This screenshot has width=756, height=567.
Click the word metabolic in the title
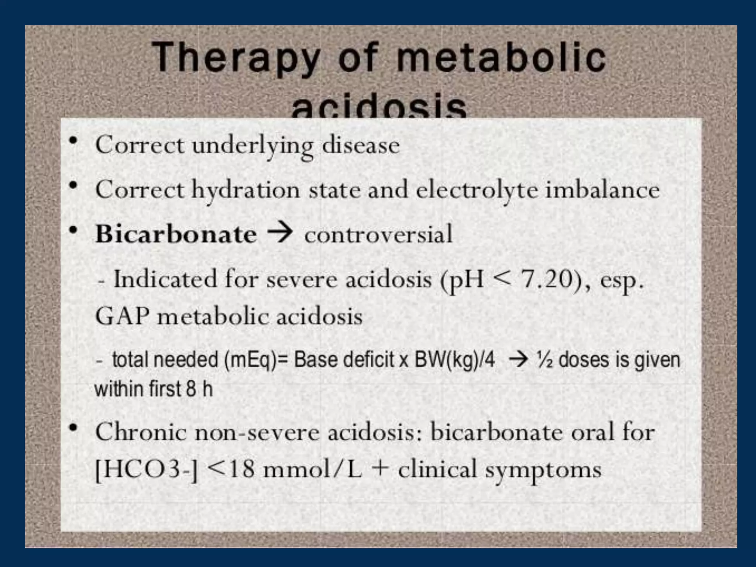pos(501,58)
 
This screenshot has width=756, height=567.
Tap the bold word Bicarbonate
pos(176,234)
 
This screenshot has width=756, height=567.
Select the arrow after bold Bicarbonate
pos(280,233)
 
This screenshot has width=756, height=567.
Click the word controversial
pos(378,234)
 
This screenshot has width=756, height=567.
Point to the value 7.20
pos(551,279)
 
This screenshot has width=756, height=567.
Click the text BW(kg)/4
pos(454,360)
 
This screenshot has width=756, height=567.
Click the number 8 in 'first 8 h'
pos(191,389)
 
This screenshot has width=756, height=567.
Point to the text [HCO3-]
pos(147,470)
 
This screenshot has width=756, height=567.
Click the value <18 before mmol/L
pos(231,470)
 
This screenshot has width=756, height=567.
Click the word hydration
pos(245,190)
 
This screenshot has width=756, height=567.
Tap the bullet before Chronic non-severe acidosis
pos(73,428)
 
